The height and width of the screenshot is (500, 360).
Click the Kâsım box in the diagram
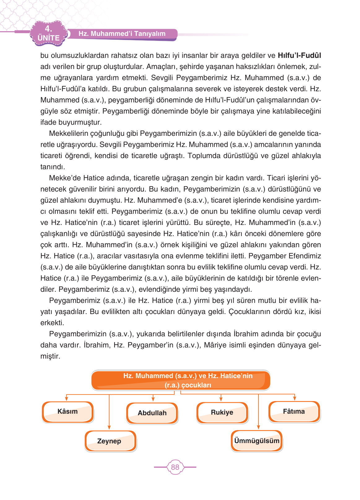click(67, 412)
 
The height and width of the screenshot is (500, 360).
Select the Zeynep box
click(110, 441)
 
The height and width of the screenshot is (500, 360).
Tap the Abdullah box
click(152, 413)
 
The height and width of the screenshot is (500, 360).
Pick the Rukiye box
click(222, 412)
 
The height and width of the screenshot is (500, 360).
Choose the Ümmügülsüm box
click(257, 441)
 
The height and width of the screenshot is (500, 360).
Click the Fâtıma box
click(294, 412)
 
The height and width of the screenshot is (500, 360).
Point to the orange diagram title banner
click(180, 380)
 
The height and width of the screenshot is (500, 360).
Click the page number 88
click(175, 467)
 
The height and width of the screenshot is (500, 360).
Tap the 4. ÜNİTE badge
click(48, 33)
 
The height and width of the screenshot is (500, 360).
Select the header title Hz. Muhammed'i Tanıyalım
click(122, 34)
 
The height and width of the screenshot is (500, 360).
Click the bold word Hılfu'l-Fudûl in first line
click(299, 55)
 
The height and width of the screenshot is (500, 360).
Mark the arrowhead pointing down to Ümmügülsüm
click(258, 427)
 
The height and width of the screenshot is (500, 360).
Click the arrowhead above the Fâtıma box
click(294, 399)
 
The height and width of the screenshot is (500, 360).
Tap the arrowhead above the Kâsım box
click(67, 399)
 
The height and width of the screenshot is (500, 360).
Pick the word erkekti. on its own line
click(52, 323)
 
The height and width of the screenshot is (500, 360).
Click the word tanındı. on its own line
click(53, 167)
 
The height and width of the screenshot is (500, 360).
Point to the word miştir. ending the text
click(50, 356)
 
